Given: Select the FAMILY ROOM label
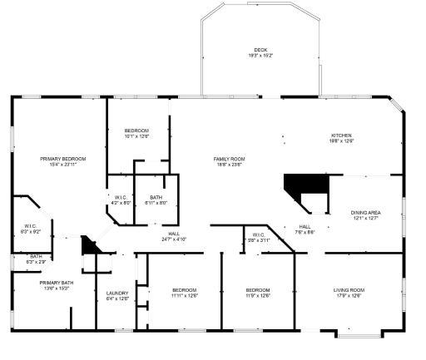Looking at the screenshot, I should tap(228, 161).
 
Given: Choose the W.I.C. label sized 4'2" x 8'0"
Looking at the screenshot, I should tap(121, 200).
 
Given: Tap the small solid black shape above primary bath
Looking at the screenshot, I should tap(89, 245).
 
